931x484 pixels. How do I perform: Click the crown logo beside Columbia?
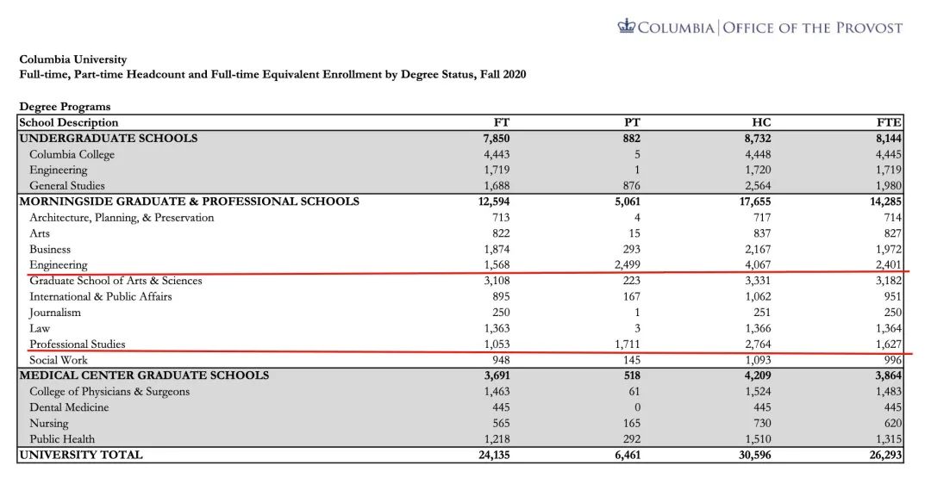(626, 27)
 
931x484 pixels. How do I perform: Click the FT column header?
(501, 122)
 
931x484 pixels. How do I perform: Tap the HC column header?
(762, 122)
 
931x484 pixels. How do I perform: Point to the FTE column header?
(890, 122)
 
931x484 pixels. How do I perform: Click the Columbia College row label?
(72, 154)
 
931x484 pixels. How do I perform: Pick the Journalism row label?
(55, 313)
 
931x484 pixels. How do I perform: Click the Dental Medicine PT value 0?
(636, 407)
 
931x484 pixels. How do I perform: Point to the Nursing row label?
(49, 423)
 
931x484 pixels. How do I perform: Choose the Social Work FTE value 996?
(891, 360)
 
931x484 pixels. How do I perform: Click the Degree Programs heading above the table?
(65, 107)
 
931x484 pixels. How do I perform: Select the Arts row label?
(40, 233)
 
